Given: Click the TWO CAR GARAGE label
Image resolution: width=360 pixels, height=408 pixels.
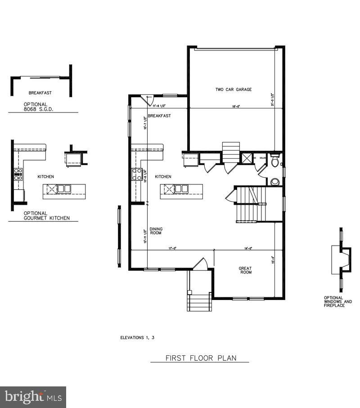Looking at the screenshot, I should pyautogui.click(x=233, y=90).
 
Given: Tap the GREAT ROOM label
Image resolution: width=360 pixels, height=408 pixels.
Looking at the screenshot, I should pyautogui.click(x=245, y=270).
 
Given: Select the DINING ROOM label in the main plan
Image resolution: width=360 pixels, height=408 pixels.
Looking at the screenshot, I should pyautogui.click(x=156, y=231).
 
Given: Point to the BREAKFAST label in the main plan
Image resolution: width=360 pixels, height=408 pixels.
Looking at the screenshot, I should pyautogui.click(x=159, y=116).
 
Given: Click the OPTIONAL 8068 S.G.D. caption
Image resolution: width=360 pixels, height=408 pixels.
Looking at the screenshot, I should pyautogui.click(x=39, y=106).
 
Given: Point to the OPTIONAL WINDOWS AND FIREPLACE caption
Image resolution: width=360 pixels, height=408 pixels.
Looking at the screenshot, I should pyautogui.click(x=338, y=301).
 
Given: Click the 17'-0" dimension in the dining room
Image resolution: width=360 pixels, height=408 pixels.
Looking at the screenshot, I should pyautogui.click(x=172, y=248).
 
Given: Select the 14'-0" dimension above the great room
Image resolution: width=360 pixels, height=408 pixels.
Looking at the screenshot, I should pyautogui.click(x=248, y=248).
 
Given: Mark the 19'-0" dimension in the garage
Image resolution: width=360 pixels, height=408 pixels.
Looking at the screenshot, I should pyautogui.click(x=236, y=107).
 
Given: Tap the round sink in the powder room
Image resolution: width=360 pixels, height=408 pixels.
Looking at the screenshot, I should pyautogui.click(x=275, y=182).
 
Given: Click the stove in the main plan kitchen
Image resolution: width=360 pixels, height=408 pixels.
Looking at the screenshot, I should pyautogui.click(x=137, y=174).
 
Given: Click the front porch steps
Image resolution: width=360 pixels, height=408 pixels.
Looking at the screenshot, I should pyautogui.click(x=199, y=301).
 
